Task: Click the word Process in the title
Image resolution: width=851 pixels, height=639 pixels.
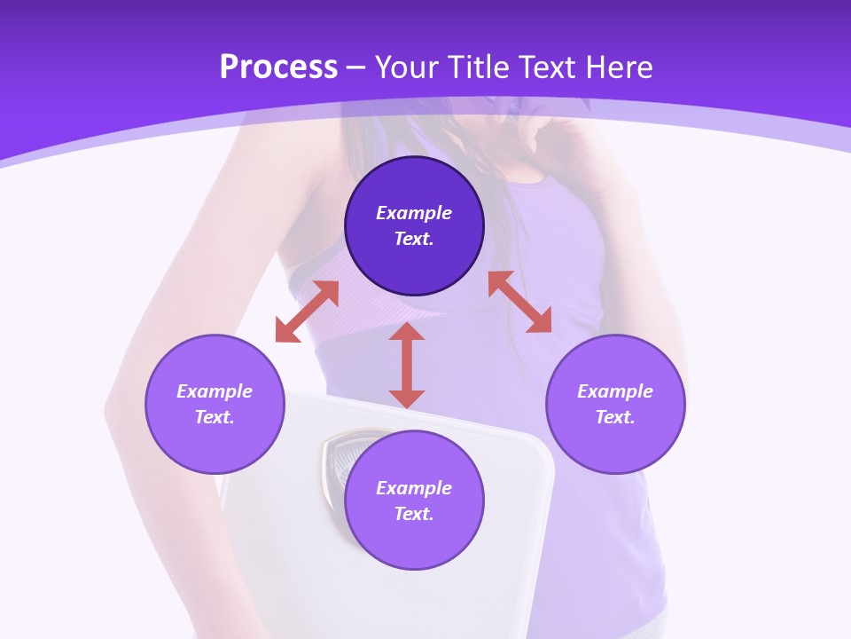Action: click(x=278, y=67)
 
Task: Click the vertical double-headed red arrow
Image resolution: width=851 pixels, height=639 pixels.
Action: click(x=407, y=366)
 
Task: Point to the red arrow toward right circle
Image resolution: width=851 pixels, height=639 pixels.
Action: click(x=520, y=302)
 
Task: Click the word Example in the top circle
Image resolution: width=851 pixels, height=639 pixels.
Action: click(x=414, y=213)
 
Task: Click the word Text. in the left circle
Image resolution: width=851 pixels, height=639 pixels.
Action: click(x=215, y=417)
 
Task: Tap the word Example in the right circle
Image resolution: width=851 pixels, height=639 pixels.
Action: click(x=615, y=391)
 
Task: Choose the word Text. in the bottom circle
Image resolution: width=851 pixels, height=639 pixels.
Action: click(x=414, y=514)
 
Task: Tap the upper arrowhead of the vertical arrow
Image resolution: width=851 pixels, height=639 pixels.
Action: click(x=407, y=332)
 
